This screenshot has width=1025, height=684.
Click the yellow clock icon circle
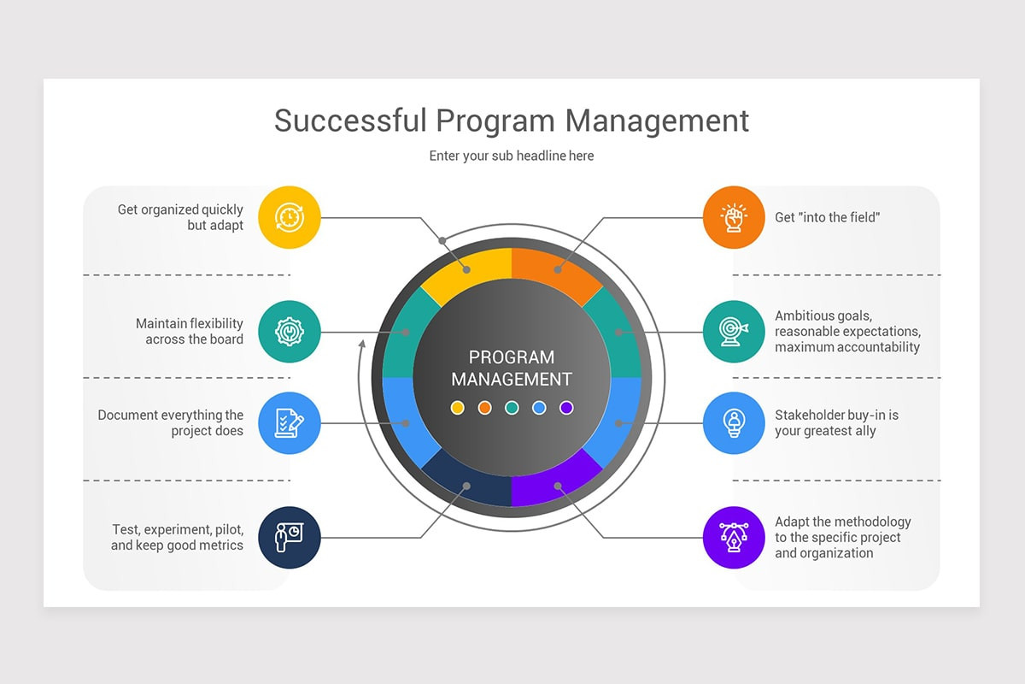[289, 217]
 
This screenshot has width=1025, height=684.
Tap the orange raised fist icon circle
[734, 217]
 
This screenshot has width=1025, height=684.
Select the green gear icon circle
[289, 332]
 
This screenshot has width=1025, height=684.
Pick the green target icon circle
[734, 332]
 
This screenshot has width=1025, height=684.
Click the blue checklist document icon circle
[289, 423]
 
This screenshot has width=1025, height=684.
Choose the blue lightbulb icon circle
[734, 423]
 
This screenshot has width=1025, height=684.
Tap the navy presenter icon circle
[289, 537]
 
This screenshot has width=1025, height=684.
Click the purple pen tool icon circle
[734, 537]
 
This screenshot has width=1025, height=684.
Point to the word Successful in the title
[349, 121]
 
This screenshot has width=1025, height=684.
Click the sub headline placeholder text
[512, 156]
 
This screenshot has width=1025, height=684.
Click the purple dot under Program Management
[566, 408]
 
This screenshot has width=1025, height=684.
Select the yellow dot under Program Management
[457, 408]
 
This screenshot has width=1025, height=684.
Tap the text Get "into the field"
[827, 217]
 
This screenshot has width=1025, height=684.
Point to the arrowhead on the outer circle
[362, 344]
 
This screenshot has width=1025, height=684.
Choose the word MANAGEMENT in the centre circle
[512, 379]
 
